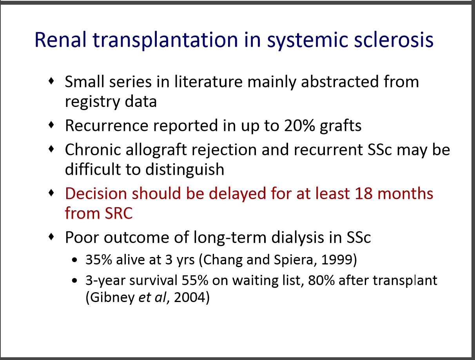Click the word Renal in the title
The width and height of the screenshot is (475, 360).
tap(60, 40)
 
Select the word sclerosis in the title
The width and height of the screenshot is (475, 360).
tap(393, 40)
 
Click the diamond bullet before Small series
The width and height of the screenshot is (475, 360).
tap(51, 81)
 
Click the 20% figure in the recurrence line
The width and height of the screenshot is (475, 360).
tap(299, 125)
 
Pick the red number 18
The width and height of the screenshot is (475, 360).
tap(364, 193)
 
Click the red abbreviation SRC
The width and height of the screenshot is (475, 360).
tap(119, 213)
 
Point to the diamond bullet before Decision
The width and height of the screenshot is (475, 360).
tap(51, 192)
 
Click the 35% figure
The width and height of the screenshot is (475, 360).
tap(99, 260)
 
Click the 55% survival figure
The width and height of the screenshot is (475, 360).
tap(195, 280)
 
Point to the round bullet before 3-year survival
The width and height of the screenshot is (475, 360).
tap(74, 280)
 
